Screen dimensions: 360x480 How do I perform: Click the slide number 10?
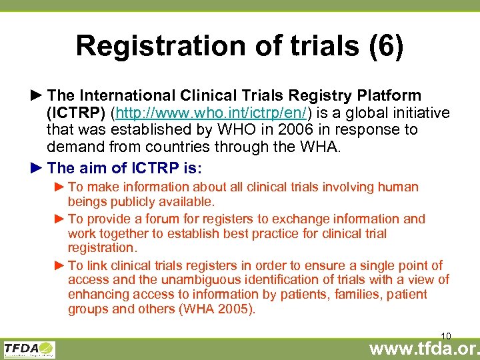click(447, 335)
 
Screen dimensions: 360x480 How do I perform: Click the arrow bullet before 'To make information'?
click(59, 187)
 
